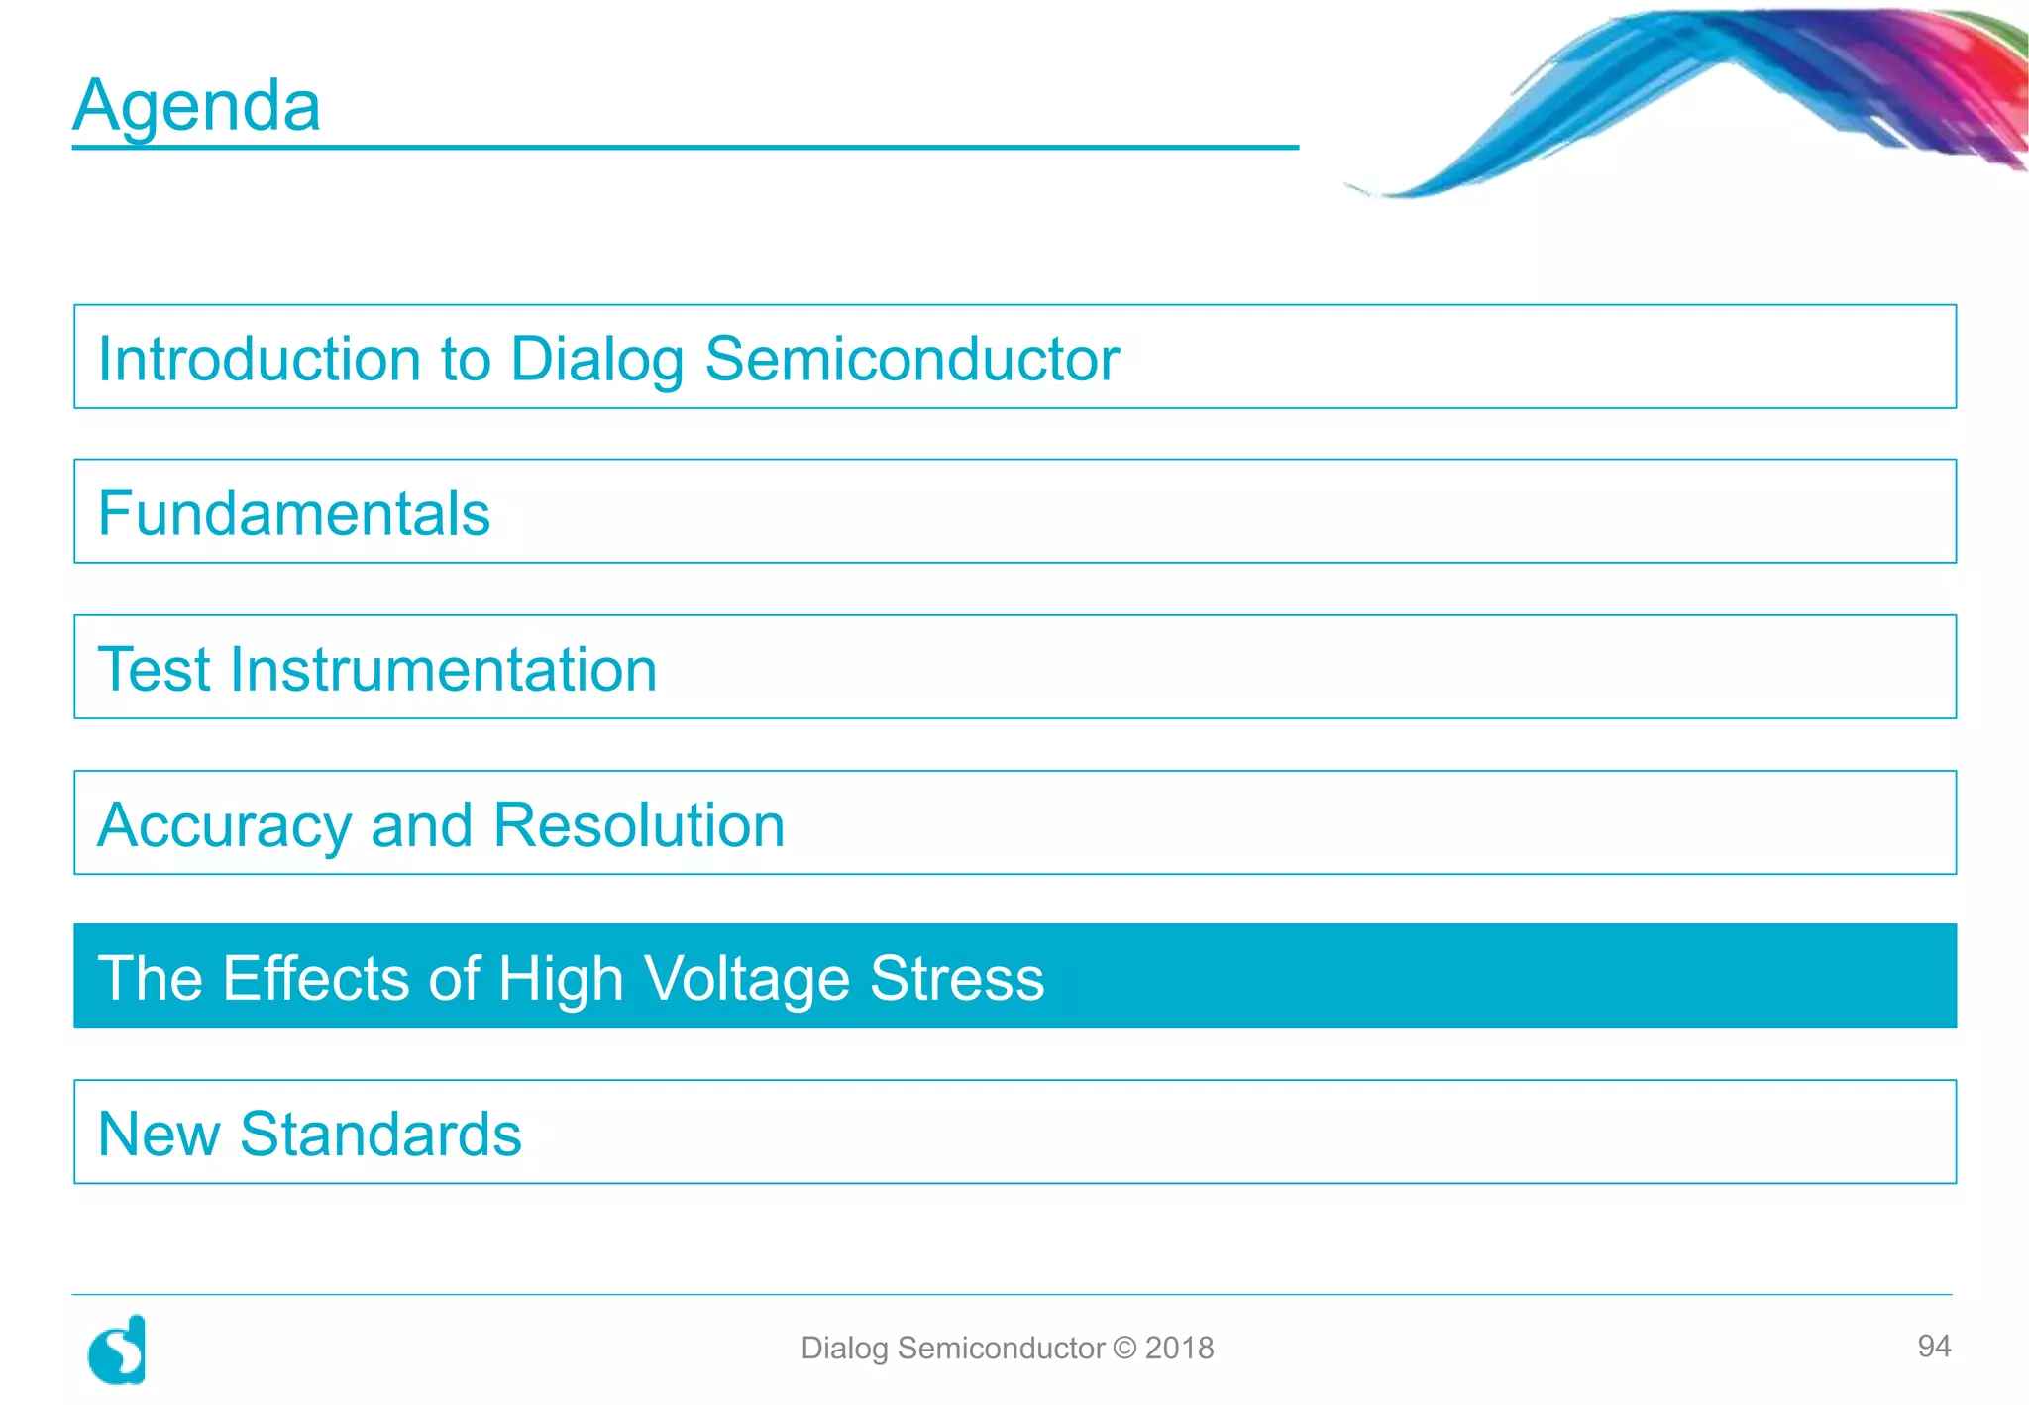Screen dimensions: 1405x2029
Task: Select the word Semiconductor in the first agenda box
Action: pos(911,359)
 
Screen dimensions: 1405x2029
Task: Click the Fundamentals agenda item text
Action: pos(294,513)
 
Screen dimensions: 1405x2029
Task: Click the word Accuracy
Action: pos(224,826)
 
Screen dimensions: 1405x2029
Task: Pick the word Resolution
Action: pos(638,824)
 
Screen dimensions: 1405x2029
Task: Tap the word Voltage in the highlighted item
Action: pos(747,979)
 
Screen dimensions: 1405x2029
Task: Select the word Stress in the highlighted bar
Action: pos(956,979)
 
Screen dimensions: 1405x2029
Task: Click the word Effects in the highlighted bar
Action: pos(315,979)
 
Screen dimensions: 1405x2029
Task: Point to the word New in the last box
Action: pos(159,1135)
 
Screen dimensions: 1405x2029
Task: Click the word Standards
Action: pos(380,1135)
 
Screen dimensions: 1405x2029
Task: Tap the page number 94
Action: pos(1933,1346)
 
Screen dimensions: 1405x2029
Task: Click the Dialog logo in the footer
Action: pos(117,1350)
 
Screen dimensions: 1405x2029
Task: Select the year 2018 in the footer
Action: pos(1179,1348)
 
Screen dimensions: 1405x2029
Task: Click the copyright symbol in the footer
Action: pos(1124,1348)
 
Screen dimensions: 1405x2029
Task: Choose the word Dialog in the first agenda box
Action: pos(596,359)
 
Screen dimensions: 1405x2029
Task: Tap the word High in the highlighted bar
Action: pos(561,979)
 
